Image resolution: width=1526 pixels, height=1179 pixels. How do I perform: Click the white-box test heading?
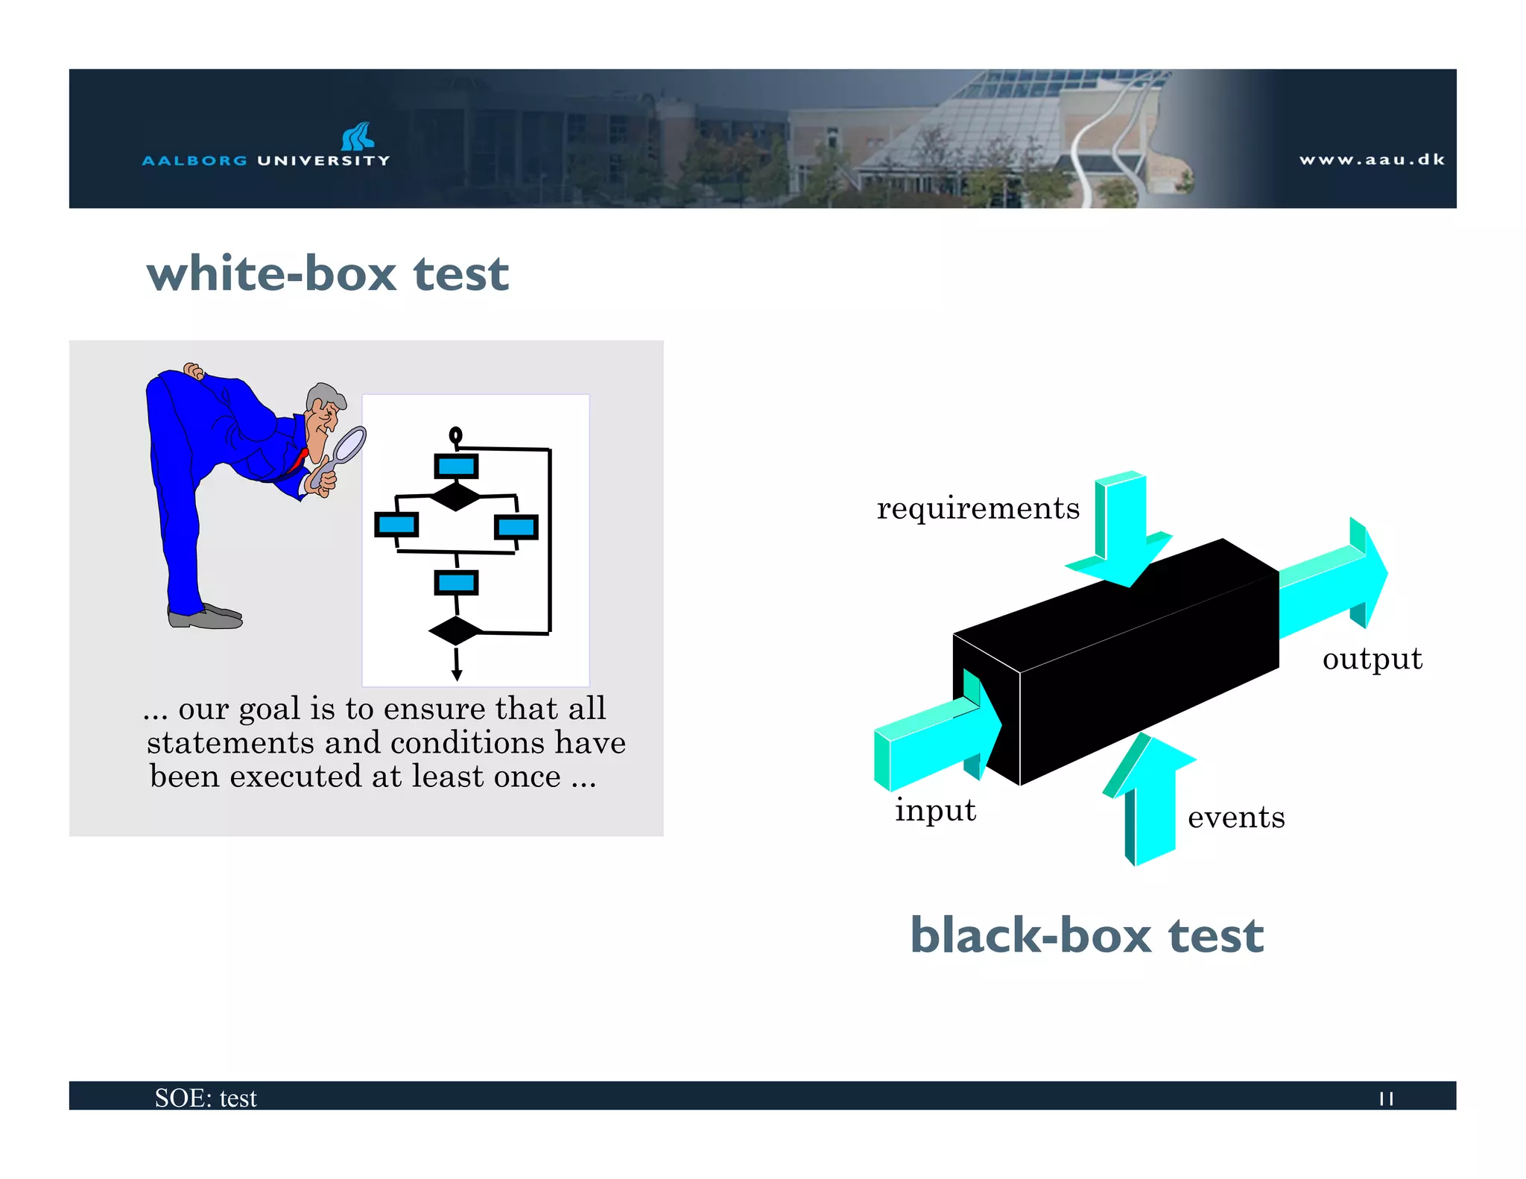click(x=328, y=274)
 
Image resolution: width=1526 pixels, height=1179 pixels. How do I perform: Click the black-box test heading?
click(x=1086, y=935)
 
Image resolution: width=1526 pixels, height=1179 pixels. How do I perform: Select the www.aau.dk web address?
click(x=1372, y=159)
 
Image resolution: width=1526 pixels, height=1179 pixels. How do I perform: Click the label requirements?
click(x=978, y=508)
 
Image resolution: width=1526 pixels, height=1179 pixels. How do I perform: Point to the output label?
click(x=1372, y=659)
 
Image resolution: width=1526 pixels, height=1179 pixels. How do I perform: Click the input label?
click(x=935, y=810)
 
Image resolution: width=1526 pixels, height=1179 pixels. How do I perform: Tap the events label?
click(x=1236, y=818)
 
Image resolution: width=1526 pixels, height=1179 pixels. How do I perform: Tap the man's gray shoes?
click(x=205, y=617)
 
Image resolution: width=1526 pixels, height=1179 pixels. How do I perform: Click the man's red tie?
click(x=300, y=458)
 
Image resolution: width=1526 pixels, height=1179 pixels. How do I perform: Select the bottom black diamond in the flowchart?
click(x=456, y=630)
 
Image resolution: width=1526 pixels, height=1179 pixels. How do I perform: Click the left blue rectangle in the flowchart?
click(x=396, y=525)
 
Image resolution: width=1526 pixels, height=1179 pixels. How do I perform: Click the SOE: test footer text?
click(x=206, y=1098)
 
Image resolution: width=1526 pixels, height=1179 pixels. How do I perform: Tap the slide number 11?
click(x=1386, y=1099)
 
